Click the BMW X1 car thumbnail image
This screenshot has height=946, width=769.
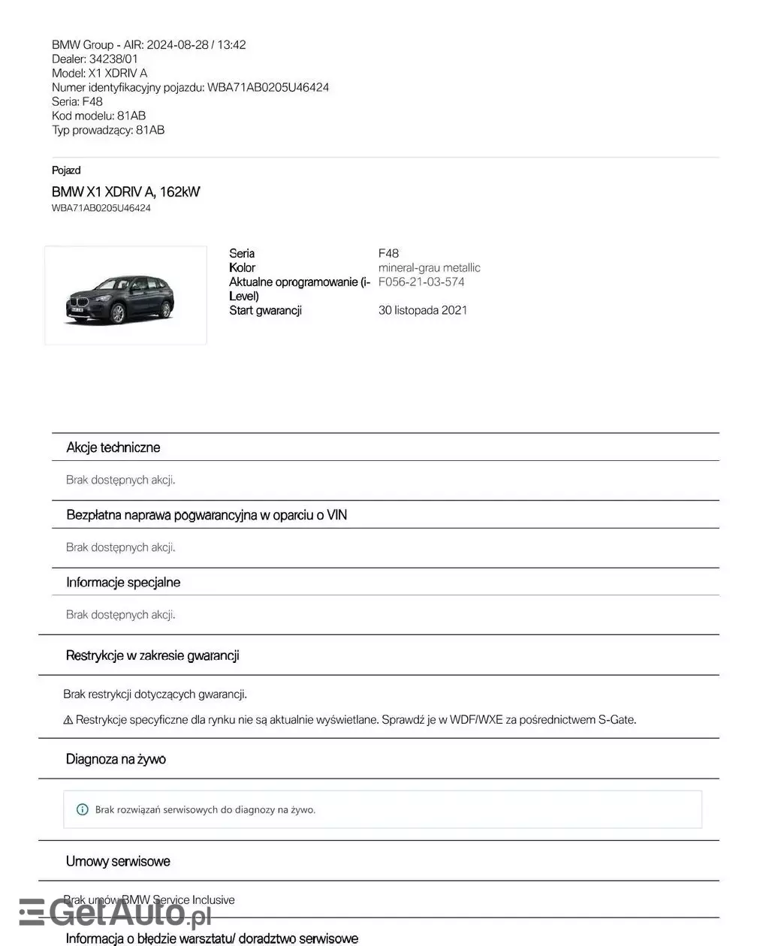pos(125,295)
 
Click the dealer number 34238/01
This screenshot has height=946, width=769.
pos(113,59)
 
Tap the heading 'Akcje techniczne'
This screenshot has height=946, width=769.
pos(113,447)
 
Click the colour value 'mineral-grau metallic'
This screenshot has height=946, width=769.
pos(429,267)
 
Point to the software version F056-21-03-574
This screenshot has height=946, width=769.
pos(421,282)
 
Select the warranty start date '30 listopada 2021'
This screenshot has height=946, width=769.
pos(422,310)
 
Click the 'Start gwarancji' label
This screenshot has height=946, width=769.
pos(265,310)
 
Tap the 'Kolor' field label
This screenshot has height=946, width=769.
pos(242,267)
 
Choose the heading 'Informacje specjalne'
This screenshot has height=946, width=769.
pos(123,582)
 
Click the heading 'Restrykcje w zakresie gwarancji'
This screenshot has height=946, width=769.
pos(152,655)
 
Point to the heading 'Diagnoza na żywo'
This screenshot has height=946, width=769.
pos(116,759)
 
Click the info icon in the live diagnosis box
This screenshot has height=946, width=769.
pos(83,809)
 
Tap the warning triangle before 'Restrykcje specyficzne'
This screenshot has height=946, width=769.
pos(68,720)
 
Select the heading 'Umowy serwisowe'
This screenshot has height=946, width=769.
pos(118,861)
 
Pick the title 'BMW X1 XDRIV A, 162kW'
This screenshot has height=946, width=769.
pos(125,191)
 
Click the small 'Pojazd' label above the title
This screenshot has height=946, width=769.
pos(66,170)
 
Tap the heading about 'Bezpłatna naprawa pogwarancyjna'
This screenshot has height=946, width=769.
pos(207,515)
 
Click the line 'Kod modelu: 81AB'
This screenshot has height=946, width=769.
pos(98,116)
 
